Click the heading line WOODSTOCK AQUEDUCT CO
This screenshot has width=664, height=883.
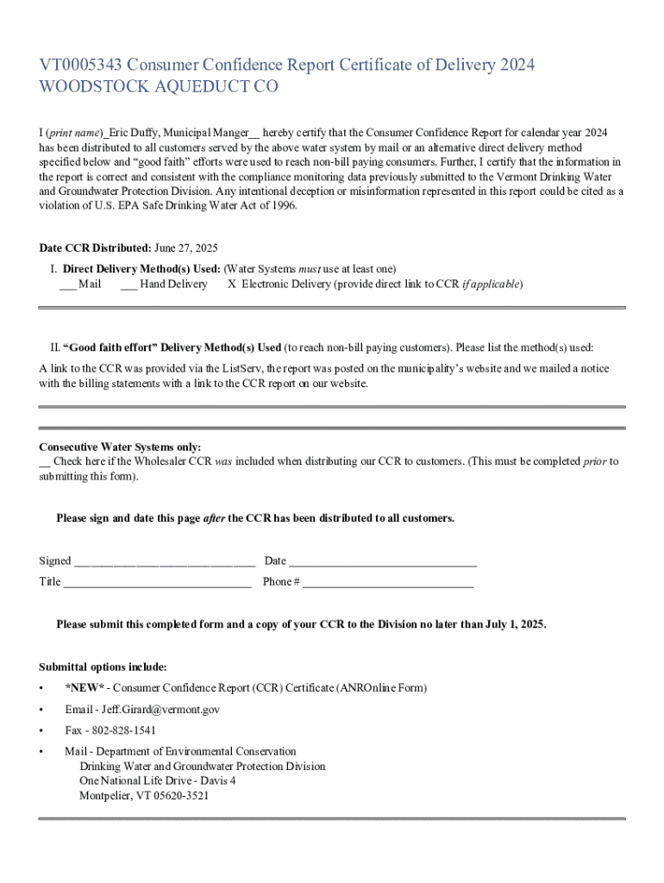(159, 88)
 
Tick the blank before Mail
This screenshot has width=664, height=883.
(67, 285)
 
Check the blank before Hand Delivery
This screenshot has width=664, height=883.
(128, 285)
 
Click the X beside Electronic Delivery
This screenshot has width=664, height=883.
(231, 285)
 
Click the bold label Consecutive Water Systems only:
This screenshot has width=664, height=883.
(120, 448)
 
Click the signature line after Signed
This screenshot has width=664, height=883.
(164, 562)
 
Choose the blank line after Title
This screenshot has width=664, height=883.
(157, 583)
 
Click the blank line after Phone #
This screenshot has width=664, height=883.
(388, 583)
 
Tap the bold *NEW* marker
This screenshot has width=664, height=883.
(85, 688)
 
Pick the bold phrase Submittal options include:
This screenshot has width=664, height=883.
(103, 667)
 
